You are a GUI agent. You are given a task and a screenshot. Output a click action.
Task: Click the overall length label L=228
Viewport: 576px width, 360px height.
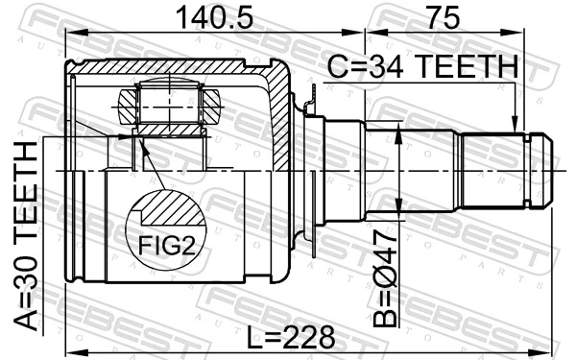tap(289, 337)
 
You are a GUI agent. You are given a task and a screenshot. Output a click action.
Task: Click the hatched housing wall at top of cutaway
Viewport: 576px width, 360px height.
tap(173, 68)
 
